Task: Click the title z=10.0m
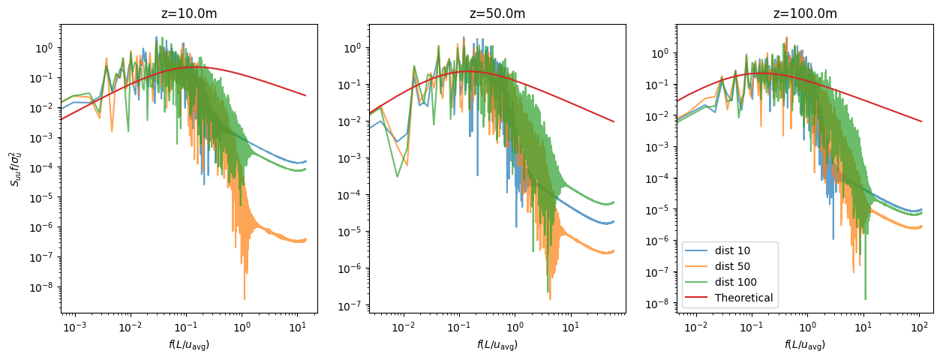click(x=188, y=13)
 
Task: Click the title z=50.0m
click(x=496, y=13)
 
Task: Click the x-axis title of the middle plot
click(x=496, y=345)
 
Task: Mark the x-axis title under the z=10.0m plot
click(x=188, y=345)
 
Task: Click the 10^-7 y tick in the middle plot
click(x=350, y=305)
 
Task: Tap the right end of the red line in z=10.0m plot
click(x=305, y=95)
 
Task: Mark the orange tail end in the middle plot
click(x=614, y=251)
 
